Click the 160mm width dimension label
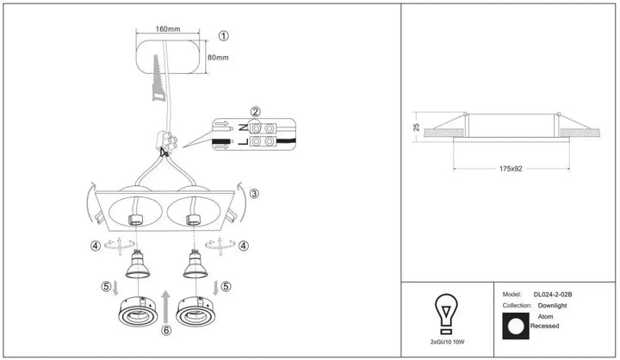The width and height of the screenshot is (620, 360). point(168,29)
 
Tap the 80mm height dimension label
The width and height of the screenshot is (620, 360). point(218,58)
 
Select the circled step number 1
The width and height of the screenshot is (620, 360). point(223,36)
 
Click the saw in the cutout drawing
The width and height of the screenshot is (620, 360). point(158,78)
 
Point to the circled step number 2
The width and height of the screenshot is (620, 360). point(256,112)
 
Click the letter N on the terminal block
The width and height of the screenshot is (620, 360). point(243,127)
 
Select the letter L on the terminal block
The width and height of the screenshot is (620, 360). point(243,141)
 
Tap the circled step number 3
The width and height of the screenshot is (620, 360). point(254,194)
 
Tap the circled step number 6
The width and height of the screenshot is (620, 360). point(166,330)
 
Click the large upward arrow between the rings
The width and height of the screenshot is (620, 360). point(166,307)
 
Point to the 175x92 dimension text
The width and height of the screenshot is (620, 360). point(511,169)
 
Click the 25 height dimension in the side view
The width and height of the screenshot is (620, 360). point(416,127)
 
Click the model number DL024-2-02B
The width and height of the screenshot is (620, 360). point(553,295)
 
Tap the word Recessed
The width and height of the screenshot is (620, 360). point(544,326)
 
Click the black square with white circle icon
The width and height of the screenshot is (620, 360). point(516,326)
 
